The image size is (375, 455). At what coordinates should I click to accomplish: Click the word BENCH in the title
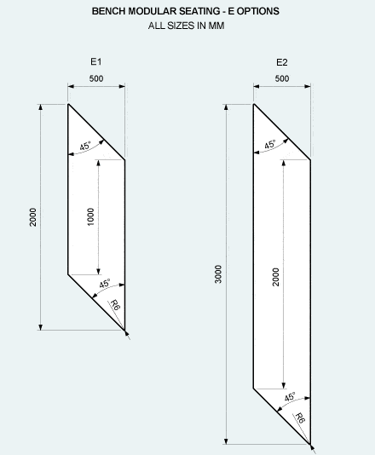[109, 11]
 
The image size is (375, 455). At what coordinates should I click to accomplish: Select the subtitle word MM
[216, 26]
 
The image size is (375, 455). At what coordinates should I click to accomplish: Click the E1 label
[96, 62]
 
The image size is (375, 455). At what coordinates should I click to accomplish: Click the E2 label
[282, 62]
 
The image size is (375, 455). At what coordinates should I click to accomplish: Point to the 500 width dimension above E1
[96, 78]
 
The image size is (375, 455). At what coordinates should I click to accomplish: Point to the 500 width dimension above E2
[282, 78]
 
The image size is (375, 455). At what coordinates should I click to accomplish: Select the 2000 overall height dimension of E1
[33, 217]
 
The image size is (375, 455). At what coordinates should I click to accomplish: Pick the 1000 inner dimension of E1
[90, 216]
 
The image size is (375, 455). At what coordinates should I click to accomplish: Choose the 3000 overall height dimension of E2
[218, 274]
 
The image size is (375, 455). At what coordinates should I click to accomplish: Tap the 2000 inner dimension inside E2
[276, 277]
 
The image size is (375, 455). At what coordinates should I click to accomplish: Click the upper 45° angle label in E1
[85, 146]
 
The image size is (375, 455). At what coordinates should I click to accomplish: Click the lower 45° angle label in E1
[105, 284]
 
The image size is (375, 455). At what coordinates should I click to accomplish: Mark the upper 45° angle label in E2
[270, 144]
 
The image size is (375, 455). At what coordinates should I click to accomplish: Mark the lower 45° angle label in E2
[290, 397]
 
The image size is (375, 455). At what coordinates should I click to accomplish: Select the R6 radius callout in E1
[115, 305]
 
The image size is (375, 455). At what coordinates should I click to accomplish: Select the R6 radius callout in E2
[300, 418]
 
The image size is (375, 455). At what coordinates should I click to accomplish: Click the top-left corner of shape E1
[68, 104]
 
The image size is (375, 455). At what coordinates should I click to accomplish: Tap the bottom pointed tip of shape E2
[310, 444]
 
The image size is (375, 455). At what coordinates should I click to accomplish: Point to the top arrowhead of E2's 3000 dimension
[227, 107]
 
